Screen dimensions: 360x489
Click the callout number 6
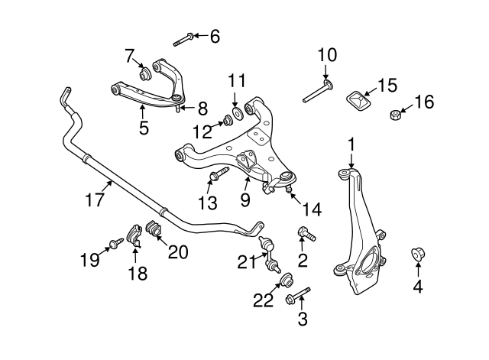coord(214,35)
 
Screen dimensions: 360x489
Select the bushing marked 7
coord(145,74)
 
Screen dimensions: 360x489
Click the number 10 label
coord(326,54)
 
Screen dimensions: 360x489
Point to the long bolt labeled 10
coord(317,89)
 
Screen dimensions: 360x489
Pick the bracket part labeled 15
coord(356,101)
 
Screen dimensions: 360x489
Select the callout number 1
coord(351,143)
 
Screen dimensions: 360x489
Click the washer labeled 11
coord(237,114)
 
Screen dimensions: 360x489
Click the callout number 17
coord(94,201)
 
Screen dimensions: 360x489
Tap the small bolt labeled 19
coord(116,242)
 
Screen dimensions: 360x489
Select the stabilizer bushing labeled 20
coord(151,228)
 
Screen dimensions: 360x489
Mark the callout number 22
coord(262,300)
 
